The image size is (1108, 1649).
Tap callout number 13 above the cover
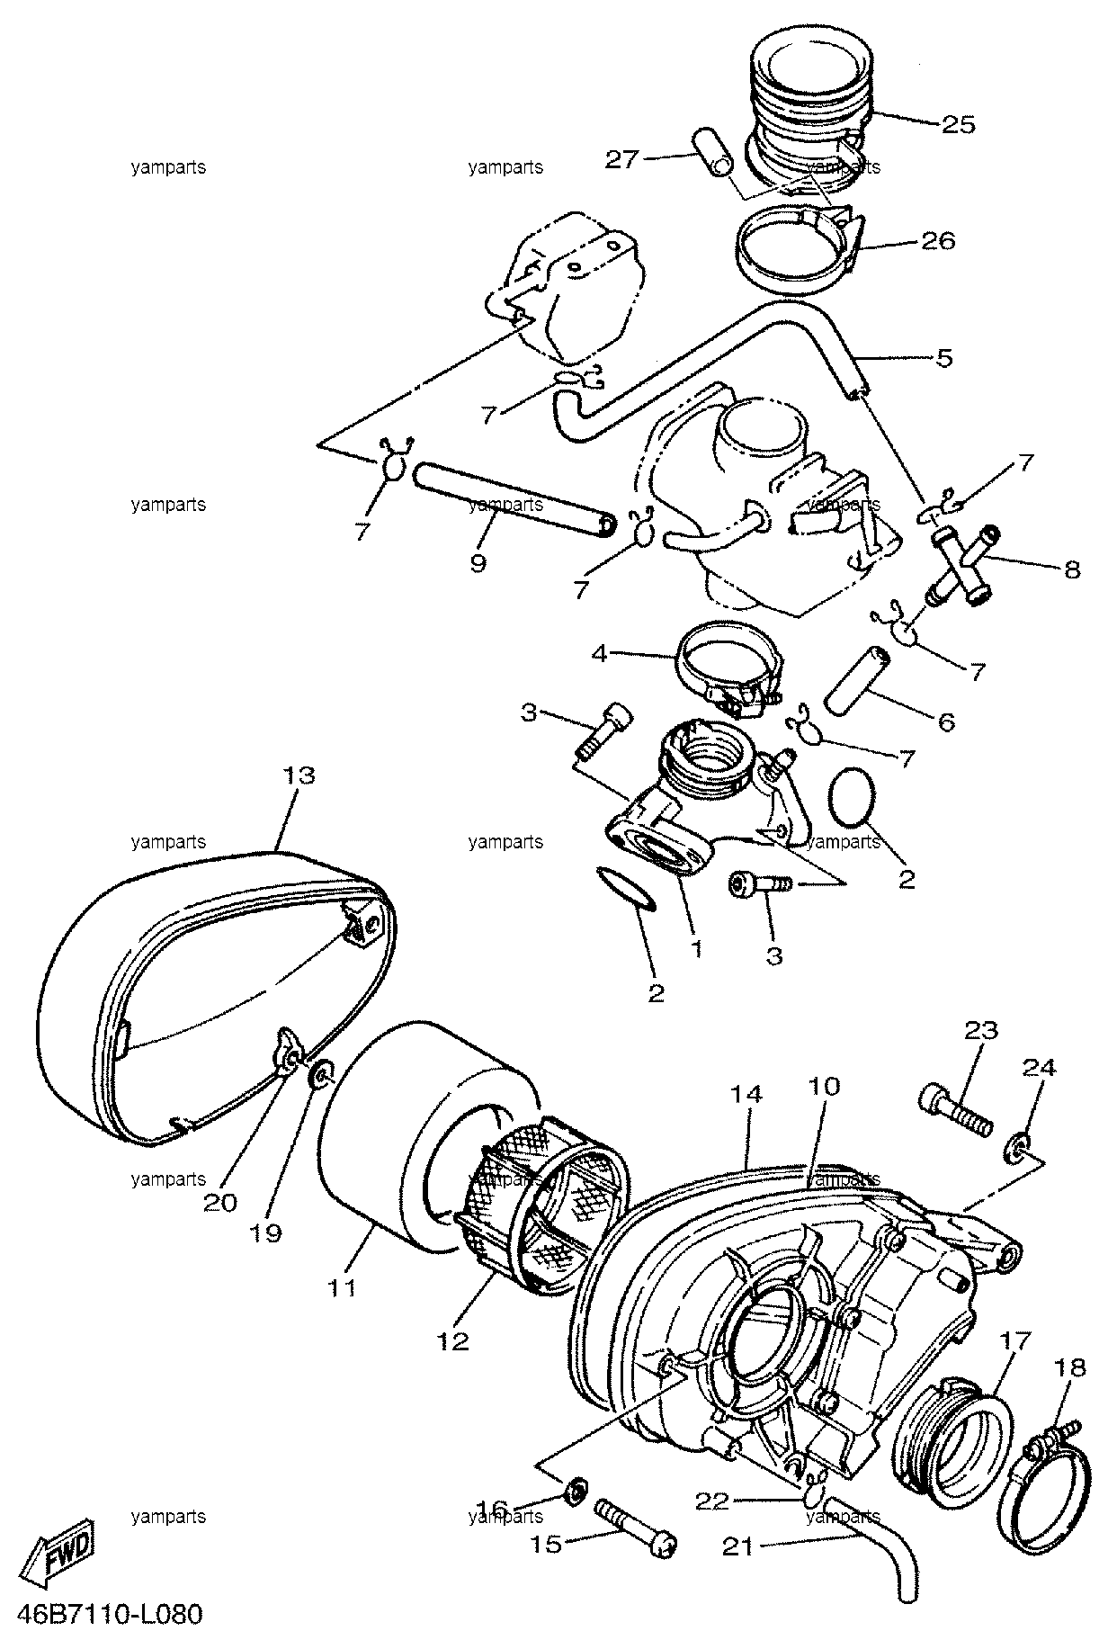[x=299, y=775]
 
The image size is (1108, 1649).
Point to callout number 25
[x=958, y=124]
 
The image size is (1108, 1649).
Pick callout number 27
[x=621, y=159]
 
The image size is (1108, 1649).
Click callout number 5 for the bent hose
[x=943, y=357]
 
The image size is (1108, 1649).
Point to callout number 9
[x=478, y=563]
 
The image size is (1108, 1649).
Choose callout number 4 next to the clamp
[x=600, y=652]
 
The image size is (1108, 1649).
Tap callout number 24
[x=1040, y=1067]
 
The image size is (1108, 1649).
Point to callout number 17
[x=1013, y=1366]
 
